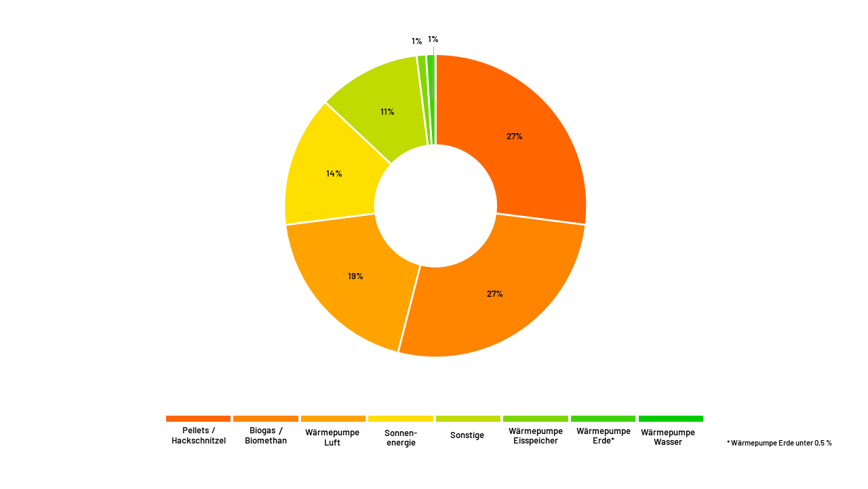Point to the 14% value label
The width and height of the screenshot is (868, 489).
click(334, 173)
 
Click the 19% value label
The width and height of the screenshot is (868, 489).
click(355, 276)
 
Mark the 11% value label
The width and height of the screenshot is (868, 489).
click(387, 112)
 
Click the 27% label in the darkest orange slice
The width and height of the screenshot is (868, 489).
click(514, 136)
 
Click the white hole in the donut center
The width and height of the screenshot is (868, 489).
click(435, 206)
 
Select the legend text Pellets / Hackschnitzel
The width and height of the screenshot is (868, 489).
click(199, 436)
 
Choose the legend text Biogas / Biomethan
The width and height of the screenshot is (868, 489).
click(266, 436)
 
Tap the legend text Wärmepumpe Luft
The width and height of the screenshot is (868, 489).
click(332, 437)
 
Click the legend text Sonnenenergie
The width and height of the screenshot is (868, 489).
click(401, 437)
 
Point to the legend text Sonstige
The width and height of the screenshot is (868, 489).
click(467, 435)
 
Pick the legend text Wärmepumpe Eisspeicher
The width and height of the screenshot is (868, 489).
click(536, 436)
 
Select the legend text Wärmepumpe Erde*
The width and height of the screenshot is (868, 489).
click(604, 436)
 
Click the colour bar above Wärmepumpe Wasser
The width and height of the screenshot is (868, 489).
click(671, 419)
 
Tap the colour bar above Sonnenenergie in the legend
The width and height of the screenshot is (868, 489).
click(401, 419)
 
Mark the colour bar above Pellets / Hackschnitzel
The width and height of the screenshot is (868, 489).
click(198, 419)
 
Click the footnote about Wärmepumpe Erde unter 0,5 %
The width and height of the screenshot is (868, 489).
click(779, 443)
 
